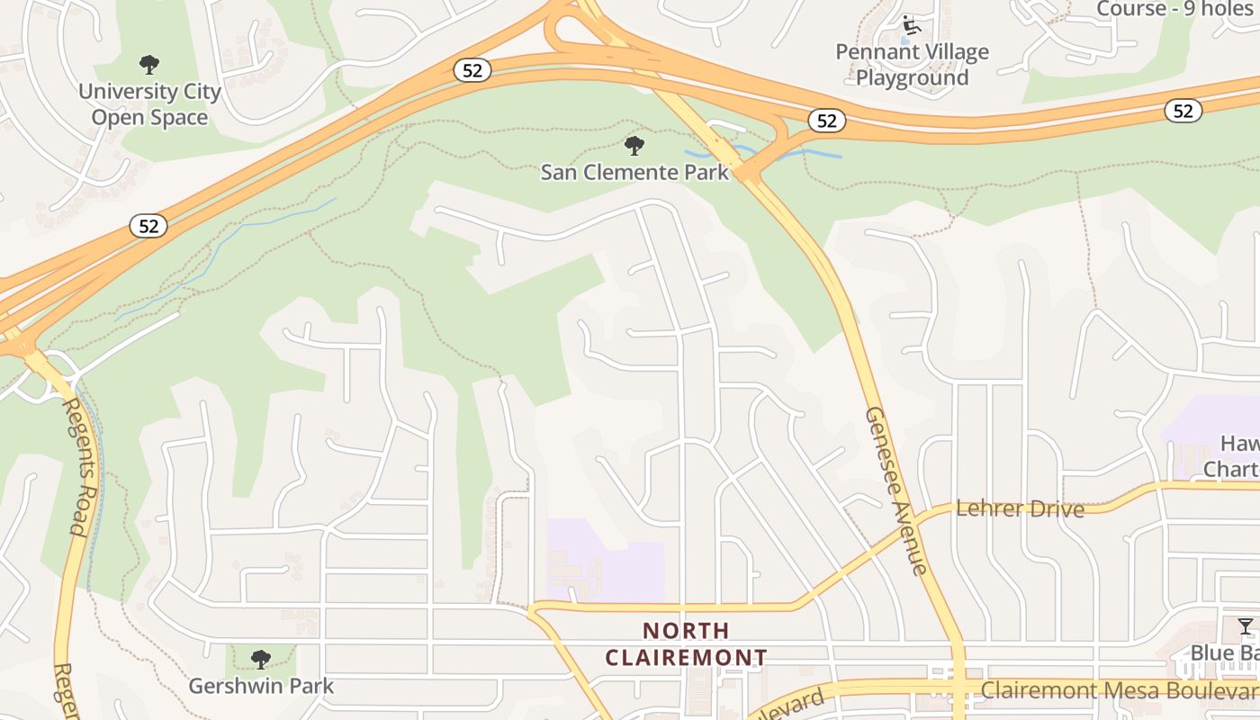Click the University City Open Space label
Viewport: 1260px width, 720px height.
point(149,104)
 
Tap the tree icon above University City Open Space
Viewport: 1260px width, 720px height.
point(149,65)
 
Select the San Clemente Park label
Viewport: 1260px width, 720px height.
point(634,171)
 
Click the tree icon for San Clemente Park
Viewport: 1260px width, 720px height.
point(634,145)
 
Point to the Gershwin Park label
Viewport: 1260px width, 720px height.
point(261,686)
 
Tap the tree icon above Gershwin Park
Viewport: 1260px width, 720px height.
point(261,660)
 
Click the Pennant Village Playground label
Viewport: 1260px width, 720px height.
point(912,65)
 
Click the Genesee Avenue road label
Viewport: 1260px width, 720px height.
point(895,490)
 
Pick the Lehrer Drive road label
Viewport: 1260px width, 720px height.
point(1020,508)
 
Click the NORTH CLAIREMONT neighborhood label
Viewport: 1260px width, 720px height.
point(686,643)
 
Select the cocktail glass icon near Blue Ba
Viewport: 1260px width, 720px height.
point(1246,626)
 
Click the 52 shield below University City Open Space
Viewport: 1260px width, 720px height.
point(148,226)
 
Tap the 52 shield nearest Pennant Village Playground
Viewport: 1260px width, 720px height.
point(827,121)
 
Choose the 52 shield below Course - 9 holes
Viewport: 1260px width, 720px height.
point(1183,111)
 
